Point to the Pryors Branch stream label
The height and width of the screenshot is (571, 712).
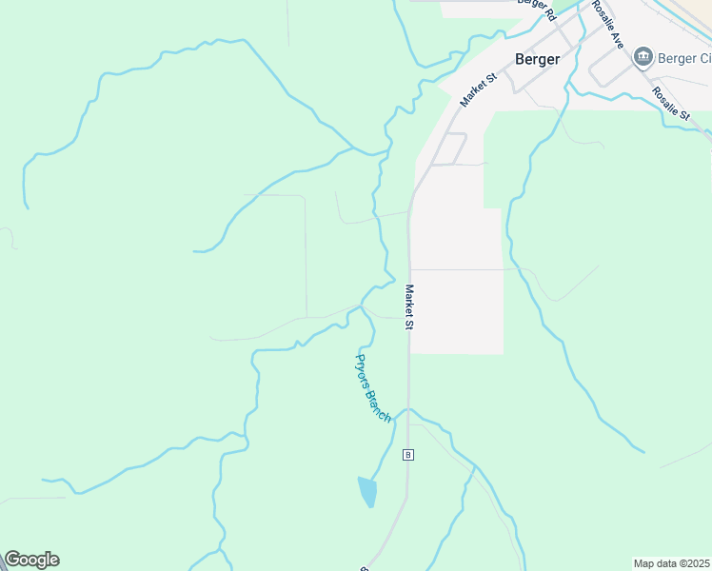[373, 387]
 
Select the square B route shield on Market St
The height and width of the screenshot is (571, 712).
[408, 454]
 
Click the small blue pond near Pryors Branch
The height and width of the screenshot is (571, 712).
[366, 491]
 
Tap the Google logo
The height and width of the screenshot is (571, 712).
[31, 560]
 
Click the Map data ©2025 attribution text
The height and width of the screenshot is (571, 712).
[672, 563]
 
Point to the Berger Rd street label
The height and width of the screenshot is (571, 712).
[536, 9]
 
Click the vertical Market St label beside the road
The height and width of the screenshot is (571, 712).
[409, 306]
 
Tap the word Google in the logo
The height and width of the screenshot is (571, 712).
[31, 560]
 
